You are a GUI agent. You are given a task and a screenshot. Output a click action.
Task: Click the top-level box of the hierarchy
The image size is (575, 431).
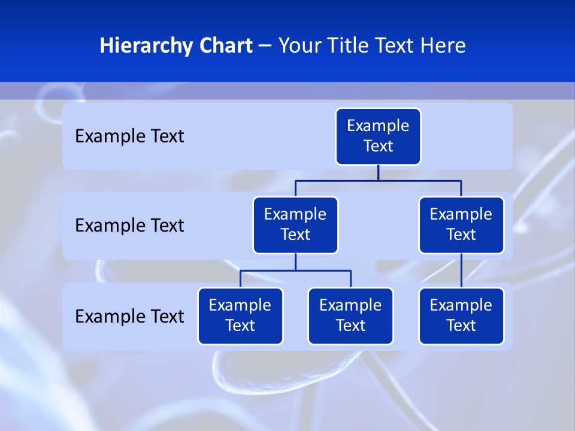click(x=378, y=136)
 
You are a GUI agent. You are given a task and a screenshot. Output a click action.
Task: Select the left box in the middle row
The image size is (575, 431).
click(x=295, y=224)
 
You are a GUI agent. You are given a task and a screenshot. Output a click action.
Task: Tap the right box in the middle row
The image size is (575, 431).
click(x=461, y=224)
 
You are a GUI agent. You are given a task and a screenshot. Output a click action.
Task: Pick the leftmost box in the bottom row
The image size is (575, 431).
click(x=240, y=315)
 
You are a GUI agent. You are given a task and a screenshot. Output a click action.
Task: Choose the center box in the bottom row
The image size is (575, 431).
click(x=350, y=315)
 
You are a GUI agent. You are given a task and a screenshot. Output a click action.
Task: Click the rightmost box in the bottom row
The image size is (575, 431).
click(x=461, y=315)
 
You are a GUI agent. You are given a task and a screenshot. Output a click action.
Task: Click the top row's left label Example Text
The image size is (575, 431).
click(x=129, y=136)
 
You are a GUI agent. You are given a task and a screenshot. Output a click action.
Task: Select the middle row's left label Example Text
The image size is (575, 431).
click(x=129, y=225)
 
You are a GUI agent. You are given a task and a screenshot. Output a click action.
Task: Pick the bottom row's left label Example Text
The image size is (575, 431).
click(x=129, y=316)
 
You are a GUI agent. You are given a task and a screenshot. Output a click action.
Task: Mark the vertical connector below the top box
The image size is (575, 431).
click(x=378, y=172)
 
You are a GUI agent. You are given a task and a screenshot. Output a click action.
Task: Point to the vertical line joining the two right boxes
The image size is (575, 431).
click(x=461, y=271)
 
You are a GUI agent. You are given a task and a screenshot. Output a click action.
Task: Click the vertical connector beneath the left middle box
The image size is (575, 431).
click(x=295, y=262)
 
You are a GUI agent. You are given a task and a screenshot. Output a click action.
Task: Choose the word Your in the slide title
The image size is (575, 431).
click(x=299, y=45)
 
